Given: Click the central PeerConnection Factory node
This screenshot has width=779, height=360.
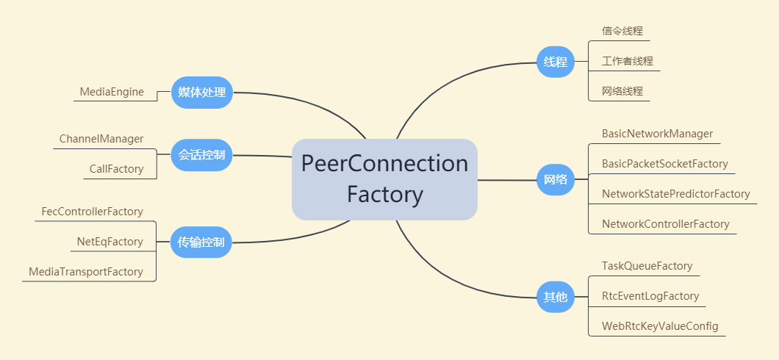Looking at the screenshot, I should coord(384,179).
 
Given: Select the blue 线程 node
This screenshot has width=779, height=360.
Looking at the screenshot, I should coord(555,62).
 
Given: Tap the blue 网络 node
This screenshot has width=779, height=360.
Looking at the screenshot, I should coord(555,179).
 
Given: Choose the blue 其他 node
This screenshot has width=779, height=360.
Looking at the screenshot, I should coord(555,297).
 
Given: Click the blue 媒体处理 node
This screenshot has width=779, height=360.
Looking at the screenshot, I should coord(201,93).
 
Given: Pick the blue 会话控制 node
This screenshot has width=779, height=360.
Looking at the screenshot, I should coord(201,155).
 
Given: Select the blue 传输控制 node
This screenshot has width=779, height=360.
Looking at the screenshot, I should coord(201,242).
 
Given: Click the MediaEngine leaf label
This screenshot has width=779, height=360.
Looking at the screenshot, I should coord(112,93).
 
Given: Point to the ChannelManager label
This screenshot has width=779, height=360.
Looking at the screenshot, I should coord(101,139).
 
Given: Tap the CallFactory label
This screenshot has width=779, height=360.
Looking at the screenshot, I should coord(116,169).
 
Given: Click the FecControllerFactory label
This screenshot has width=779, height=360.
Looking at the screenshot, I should coord(92,212).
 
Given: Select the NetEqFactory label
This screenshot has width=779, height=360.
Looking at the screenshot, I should coord(110,242).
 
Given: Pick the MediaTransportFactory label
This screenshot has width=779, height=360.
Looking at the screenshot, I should coord(86,272).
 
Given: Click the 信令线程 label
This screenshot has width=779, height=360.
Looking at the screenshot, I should coord(622,31).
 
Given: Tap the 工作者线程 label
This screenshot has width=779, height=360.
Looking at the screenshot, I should coord(628,61).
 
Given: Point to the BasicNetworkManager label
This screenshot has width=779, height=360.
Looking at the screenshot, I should coord(657,134).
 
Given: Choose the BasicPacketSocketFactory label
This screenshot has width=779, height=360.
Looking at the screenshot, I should coord(664,164).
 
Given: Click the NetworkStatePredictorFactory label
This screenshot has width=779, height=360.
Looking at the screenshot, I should coord(675,194).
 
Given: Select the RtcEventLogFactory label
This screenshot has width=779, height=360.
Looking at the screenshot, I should coord(650,296).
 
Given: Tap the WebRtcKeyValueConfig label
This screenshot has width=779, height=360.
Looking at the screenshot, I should coord(660,326).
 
